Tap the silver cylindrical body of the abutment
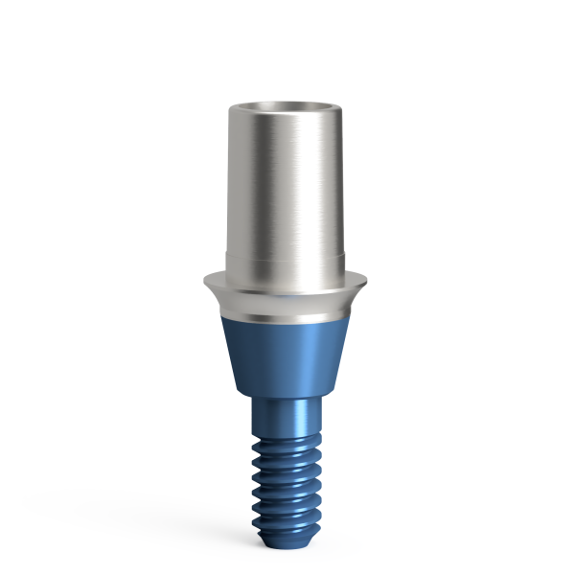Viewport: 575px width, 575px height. point(287,182)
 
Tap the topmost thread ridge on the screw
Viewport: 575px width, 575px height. point(287,443)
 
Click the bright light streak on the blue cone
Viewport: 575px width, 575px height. point(278,355)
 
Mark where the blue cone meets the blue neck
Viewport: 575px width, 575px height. point(287,396)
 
